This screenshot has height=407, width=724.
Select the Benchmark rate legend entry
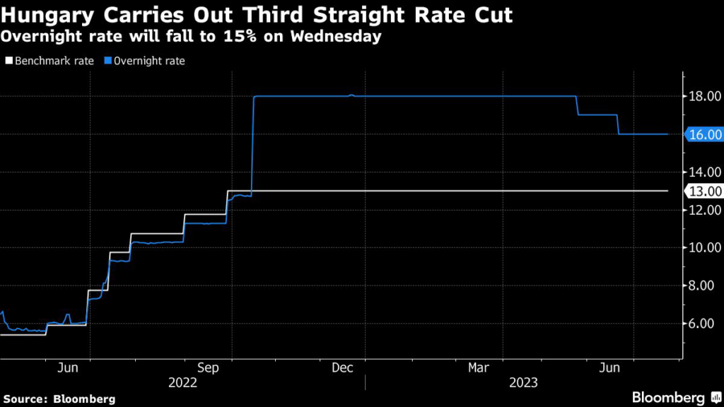(x=49, y=61)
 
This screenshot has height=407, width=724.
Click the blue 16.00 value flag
(x=704, y=134)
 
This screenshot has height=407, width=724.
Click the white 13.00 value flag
(x=704, y=191)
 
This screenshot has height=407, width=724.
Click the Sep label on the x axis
(x=208, y=367)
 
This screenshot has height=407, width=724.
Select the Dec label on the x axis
(x=342, y=367)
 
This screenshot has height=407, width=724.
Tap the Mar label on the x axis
(x=479, y=367)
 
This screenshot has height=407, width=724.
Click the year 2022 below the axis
(x=182, y=383)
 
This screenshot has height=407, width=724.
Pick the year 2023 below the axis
(x=523, y=383)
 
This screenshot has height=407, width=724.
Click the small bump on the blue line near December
(x=352, y=95)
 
